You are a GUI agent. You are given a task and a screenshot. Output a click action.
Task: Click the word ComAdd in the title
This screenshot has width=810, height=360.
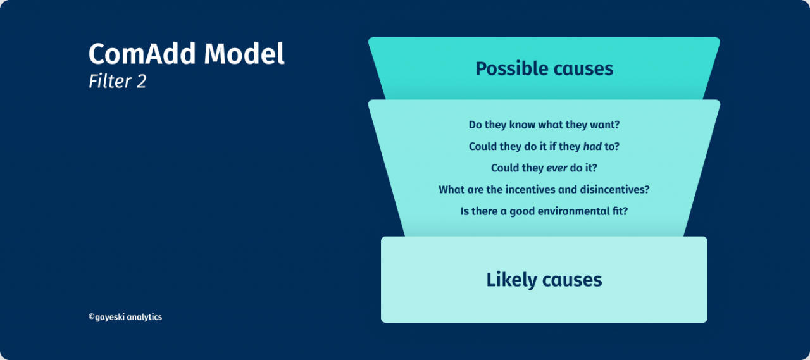pyautogui.click(x=142, y=54)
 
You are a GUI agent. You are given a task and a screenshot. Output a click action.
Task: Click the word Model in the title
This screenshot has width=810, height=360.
pyautogui.click(x=244, y=54)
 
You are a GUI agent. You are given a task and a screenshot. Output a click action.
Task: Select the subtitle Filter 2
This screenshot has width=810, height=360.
pyautogui.click(x=118, y=81)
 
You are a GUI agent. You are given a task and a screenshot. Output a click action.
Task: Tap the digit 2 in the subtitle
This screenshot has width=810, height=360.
pyautogui.click(x=141, y=82)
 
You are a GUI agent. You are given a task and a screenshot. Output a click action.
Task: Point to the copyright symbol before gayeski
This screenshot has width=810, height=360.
pyautogui.click(x=92, y=316)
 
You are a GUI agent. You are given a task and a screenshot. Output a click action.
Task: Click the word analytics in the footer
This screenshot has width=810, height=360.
pyautogui.click(x=144, y=317)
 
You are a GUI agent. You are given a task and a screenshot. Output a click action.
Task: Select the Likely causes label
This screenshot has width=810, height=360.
pyautogui.click(x=544, y=280)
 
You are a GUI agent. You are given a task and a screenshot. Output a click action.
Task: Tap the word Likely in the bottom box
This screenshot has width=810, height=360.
pyautogui.click(x=512, y=280)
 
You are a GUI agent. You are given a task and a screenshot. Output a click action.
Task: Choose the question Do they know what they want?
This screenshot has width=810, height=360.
pyautogui.click(x=544, y=125)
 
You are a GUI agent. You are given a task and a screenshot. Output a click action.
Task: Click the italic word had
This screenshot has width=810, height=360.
pyautogui.click(x=592, y=146)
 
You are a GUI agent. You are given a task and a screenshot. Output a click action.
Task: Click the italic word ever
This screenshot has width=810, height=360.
pyautogui.click(x=556, y=168)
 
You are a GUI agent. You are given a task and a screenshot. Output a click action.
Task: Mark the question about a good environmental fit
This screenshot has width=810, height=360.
pyautogui.click(x=544, y=211)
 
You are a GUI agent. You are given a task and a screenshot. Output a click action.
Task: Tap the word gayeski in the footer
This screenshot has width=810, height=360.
pyautogui.click(x=109, y=317)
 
